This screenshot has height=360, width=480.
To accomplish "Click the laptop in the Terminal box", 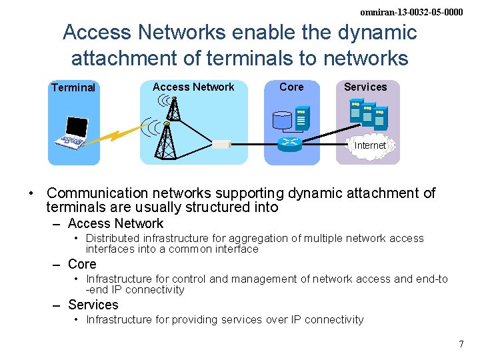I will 73,133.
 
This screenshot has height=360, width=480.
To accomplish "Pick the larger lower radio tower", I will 165,140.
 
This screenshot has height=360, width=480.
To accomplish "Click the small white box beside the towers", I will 221,143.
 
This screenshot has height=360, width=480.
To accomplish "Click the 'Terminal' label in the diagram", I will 73,87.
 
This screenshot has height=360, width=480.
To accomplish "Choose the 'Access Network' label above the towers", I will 193,87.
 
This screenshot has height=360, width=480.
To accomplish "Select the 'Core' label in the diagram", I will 291,87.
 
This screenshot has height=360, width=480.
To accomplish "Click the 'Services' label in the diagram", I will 365,87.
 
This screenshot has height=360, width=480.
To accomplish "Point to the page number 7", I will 461,344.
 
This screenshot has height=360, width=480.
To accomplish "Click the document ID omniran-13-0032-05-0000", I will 411,12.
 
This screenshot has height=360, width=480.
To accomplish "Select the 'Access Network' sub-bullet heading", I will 115,223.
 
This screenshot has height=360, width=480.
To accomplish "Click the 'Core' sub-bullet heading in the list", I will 82,264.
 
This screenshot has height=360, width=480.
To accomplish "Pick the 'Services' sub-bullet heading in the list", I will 93,305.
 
